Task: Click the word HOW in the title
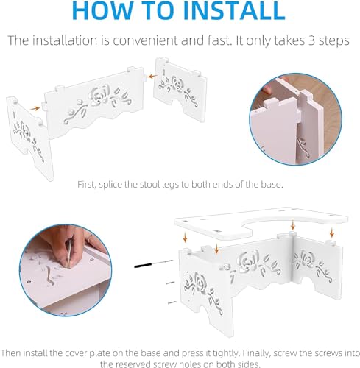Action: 102,10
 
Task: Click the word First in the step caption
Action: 86,184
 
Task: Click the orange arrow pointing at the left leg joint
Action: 35,108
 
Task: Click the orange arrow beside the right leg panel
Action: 153,77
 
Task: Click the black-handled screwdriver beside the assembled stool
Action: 153,263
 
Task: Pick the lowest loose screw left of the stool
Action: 172,302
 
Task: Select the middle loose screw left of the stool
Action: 170,283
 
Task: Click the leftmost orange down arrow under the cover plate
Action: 185,238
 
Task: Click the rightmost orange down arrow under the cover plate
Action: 332,233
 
